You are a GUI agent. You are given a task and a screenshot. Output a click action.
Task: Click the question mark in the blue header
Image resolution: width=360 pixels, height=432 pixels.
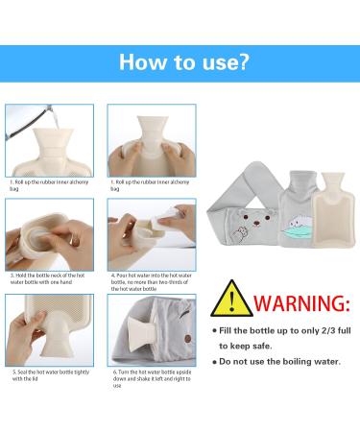[244, 63]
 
